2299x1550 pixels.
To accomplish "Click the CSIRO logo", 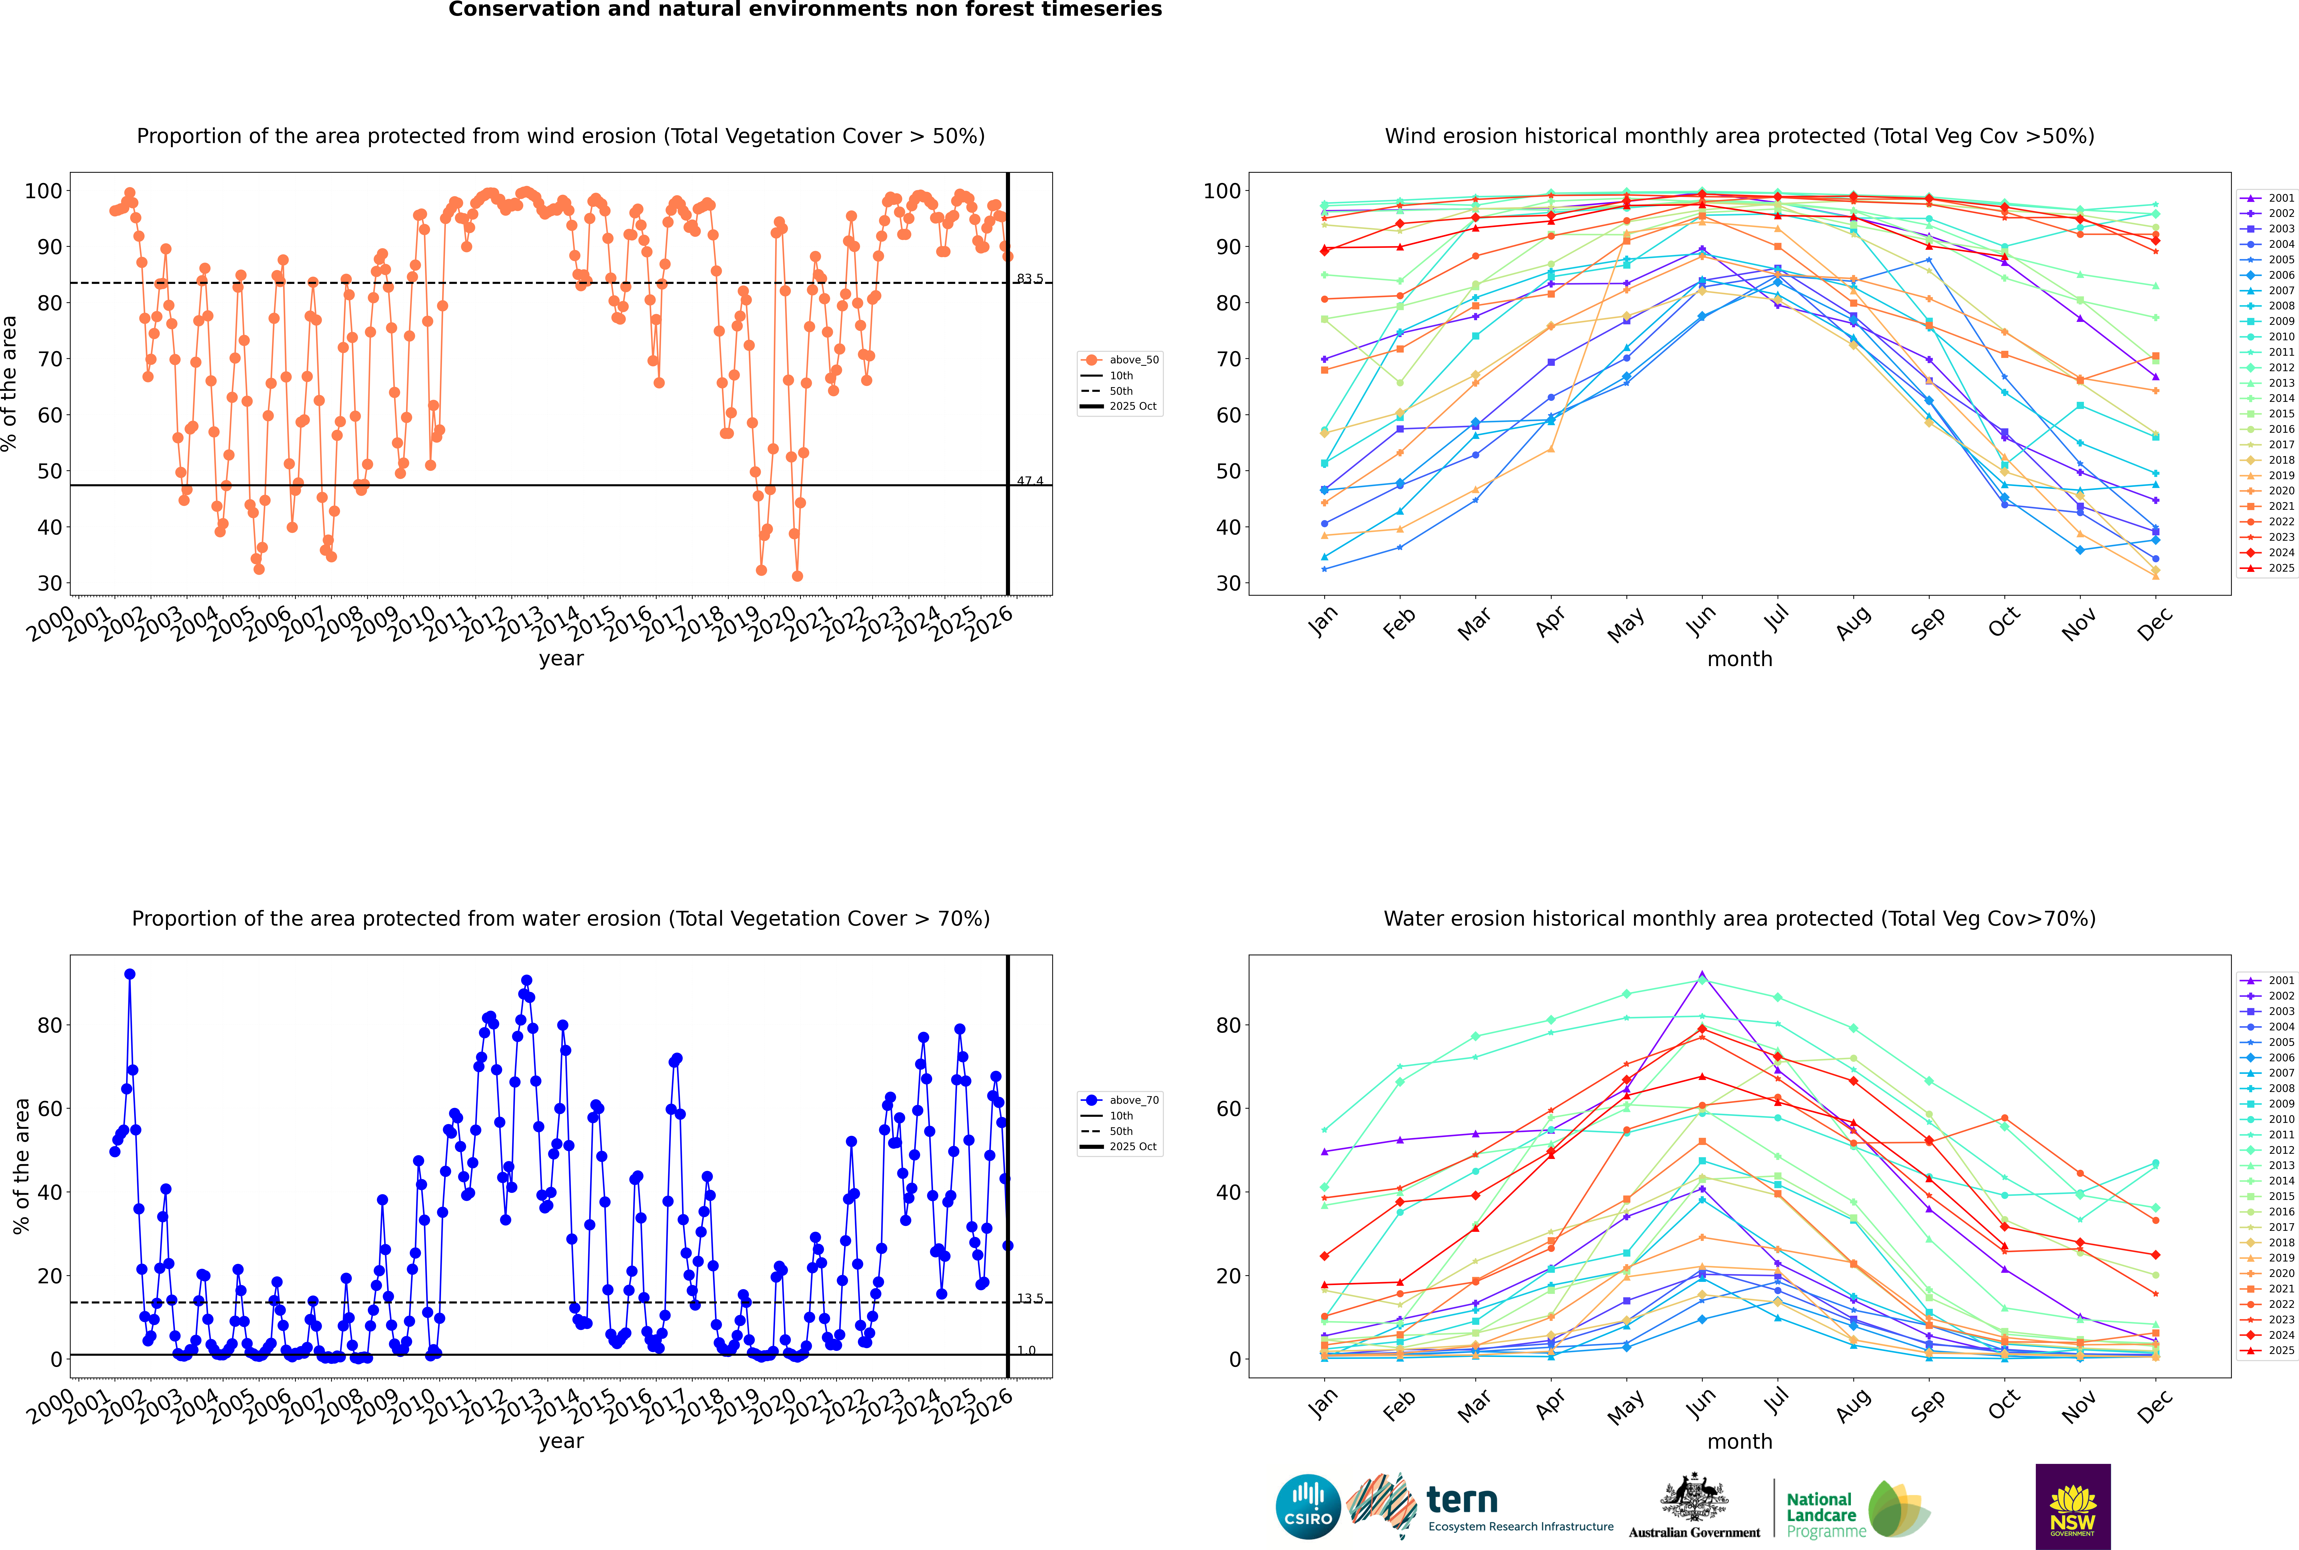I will [x=1308, y=1507].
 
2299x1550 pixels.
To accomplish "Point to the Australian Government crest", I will [x=1694, y=1497].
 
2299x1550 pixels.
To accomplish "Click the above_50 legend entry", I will [x=1133, y=360].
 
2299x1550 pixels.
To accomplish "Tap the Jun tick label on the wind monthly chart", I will [x=1700, y=621].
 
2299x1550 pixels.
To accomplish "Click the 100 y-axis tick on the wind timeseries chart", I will [x=43, y=191].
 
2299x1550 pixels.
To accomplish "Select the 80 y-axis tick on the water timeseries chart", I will [x=49, y=1025].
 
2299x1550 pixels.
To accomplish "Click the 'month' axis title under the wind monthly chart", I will [x=1740, y=659].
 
